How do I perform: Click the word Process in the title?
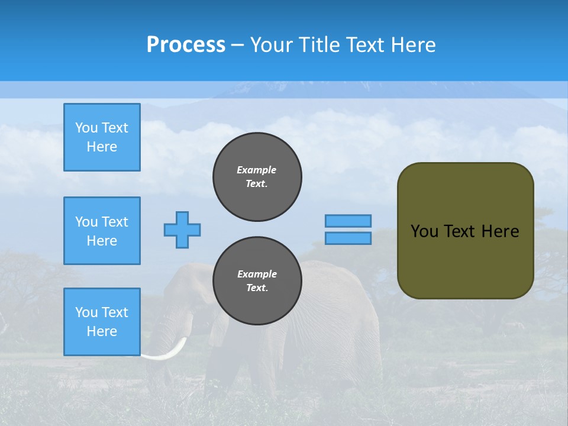pyautogui.click(x=186, y=45)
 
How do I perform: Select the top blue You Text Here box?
pyautogui.click(x=102, y=137)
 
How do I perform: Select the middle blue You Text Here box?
pyautogui.click(x=102, y=231)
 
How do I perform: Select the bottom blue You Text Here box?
pyautogui.click(x=102, y=322)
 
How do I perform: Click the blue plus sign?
pyautogui.click(x=182, y=230)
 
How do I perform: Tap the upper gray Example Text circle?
pyautogui.click(x=257, y=177)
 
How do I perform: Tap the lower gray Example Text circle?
pyautogui.click(x=257, y=281)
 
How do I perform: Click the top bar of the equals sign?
pyautogui.click(x=348, y=221)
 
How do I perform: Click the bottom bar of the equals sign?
pyautogui.click(x=348, y=238)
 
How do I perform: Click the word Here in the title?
pyautogui.click(x=412, y=45)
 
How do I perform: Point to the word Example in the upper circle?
pyautogui.click(x=257, y=170)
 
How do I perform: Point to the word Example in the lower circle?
pyautogui.click(x=257, y=274)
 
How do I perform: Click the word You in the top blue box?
pyautogui.click(x=86, y=128)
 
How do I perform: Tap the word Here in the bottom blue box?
pyautogui.click(x=102, y=331)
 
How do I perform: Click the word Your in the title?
pyautogui.click(x=272, y=45)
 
